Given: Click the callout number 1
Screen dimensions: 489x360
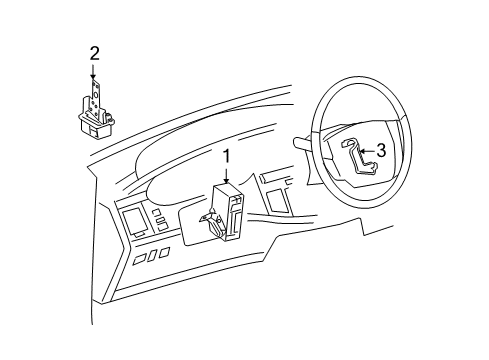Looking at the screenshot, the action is point(227,157).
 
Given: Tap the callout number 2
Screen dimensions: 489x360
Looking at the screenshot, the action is point(94,53).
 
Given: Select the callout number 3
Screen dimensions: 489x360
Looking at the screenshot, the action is point(381,151).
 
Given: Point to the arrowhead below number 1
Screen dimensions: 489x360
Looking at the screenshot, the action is point(227,181).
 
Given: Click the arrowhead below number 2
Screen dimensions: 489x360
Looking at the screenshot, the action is point(93,77).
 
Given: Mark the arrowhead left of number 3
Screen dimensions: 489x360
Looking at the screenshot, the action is point(362,151).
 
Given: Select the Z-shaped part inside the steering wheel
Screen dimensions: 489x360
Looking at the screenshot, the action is point(359,157).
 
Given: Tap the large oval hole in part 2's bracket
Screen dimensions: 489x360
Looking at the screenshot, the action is point(96,95).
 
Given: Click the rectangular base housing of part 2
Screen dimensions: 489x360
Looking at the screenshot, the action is point(96,127).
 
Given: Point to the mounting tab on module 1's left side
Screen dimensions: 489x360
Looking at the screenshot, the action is point(210,223).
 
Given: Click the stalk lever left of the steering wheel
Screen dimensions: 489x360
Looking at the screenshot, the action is point(303,144).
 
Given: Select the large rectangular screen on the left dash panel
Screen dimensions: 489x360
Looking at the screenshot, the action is point(135,221).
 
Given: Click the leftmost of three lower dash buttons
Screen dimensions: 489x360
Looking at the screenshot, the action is point(138,259).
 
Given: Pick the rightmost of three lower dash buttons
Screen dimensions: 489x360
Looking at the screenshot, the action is point(164,252).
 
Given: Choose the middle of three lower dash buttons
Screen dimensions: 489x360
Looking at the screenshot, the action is point(152,255).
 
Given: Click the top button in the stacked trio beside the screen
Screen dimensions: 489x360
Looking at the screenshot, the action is point(156,212).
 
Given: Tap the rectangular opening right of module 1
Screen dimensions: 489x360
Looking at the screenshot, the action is point(275,201).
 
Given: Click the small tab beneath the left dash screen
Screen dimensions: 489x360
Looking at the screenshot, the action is point(139,235).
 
